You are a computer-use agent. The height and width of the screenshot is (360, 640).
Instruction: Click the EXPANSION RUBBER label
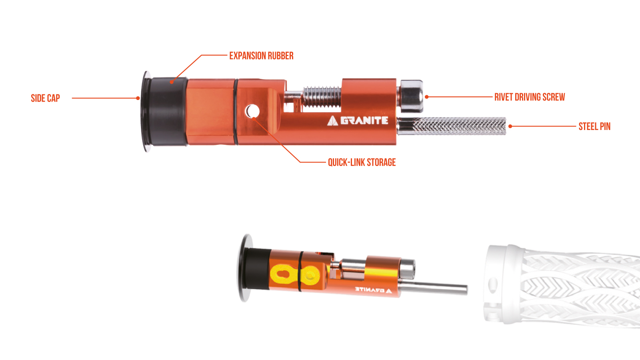pyautogui.click(x=262, y=56)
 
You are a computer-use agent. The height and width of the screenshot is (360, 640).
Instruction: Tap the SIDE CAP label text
pyautogui.click(x=46, y=98)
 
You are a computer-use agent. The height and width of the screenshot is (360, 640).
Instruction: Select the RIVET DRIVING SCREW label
pyautogui.click(x=530, y=97)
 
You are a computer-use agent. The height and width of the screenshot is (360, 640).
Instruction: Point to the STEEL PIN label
pyautogui.click(x=594, y=126)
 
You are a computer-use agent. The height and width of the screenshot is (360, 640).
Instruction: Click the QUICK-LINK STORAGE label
pyautogui.click(x=362, y=162)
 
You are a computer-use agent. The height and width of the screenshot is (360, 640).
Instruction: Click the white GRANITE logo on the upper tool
pyautogui.click(x=358, y=120)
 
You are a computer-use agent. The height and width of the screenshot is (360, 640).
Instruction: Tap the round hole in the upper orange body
pyautogui.click(x=252, y=111)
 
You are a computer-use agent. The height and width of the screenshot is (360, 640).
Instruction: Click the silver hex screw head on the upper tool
pyautogui.click(x=412, y=96)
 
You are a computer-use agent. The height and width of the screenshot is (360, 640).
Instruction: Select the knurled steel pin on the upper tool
pyautogui.click(x=452, y=126)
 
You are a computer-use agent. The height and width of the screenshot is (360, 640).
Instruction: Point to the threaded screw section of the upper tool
pyautogui.click(x=322, y=97)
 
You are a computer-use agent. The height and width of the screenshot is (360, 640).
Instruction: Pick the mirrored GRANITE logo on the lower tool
pyautogui.click(x=374, y=290)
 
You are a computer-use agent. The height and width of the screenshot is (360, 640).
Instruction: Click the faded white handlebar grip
pyautogui.click(x=562, y=286)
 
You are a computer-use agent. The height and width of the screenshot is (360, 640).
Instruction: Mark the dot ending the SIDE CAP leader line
pyautogui.click(x=138, y=98)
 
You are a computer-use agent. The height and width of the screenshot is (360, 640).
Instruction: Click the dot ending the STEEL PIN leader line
pyautogui.click(x=510, y=126)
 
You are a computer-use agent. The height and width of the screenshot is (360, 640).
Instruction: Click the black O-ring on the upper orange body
pyautogui.click(x=236, y=112)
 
